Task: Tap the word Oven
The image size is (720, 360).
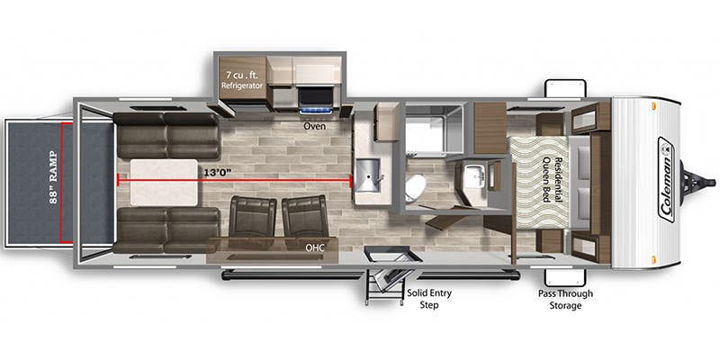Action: (313, 127)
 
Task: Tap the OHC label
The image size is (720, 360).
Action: (315, 246)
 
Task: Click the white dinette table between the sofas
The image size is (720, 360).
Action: (163, 179)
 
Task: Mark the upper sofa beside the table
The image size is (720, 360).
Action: (166, 135)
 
